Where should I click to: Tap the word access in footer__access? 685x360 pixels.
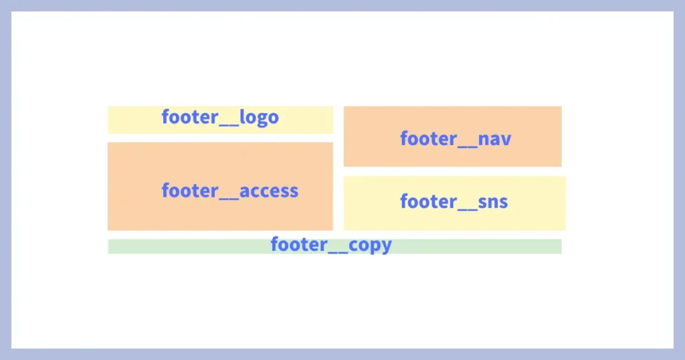(269, 191)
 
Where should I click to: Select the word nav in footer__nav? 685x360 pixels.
(496, 139)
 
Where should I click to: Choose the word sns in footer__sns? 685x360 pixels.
(494, 201)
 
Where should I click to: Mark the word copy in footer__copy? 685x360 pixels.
(370, 245)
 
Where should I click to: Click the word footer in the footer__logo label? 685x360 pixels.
(190, 118)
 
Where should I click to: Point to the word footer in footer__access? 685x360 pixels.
(190, 191)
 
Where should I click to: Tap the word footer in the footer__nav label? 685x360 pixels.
(429, 139)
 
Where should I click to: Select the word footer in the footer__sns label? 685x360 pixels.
(429, 201)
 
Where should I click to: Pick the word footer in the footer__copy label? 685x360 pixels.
(299, 245)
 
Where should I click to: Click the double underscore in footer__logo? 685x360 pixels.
(229, 125)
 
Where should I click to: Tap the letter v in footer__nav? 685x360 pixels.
(506, 139)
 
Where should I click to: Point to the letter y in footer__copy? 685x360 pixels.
(386, 246)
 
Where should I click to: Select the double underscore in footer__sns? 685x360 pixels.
(468, 209)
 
